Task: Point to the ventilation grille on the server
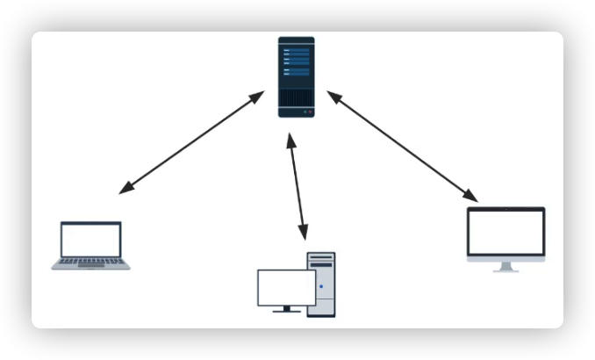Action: point(297,96)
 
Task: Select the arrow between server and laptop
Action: point(191,141)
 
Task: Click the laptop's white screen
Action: point(90,240)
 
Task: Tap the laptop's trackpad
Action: point(90,266)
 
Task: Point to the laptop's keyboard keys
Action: point(90,261)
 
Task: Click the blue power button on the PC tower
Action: point(321,287)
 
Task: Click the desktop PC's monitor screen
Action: point(286,287)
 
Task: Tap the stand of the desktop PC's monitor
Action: point(286,309)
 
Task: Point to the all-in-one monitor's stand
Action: point(505,267)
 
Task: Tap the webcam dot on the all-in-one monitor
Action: point(505,210)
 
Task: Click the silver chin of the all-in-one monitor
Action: point(505,258)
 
